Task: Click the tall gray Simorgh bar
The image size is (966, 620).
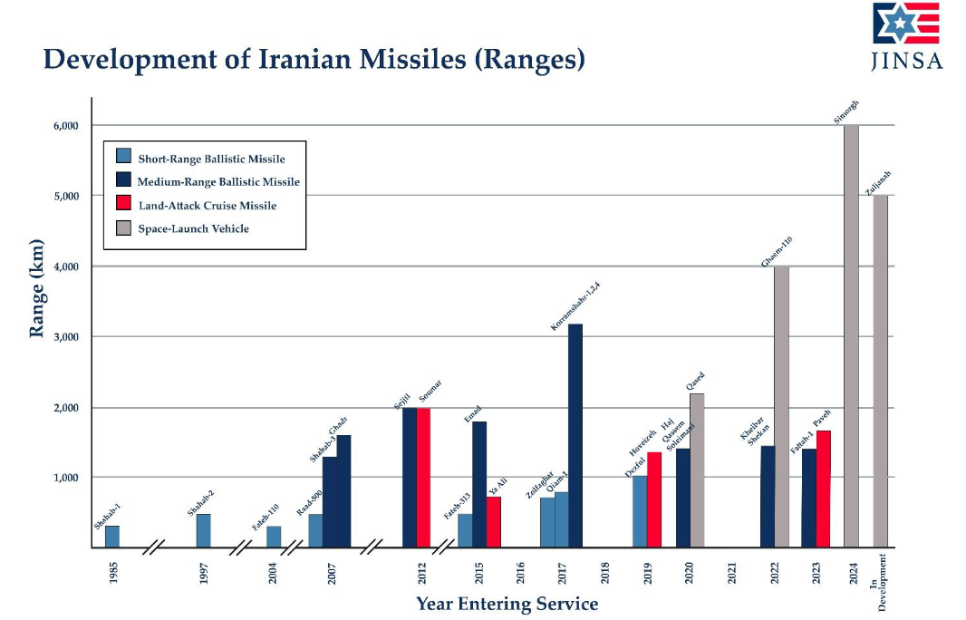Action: click(x=851, y=335)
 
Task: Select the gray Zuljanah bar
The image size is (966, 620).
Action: click(x=880, y=371)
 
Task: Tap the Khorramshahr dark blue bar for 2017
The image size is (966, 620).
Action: click(x=575, y=435)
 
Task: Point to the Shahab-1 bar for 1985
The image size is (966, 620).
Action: click(x=112, y=537)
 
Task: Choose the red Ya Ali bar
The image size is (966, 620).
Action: click(x=493, y=522)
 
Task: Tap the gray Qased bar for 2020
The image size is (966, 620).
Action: click(x=697, y=470)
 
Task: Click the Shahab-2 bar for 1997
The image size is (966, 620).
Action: click(x=204, y=531)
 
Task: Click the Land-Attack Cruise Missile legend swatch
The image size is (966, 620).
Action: click(x=124, y=206)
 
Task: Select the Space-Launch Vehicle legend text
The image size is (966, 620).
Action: click(x=193, y=229)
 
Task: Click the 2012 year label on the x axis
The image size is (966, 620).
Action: click(x=422, y=573)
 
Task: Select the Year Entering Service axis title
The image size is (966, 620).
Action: click(x=507, y=604)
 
